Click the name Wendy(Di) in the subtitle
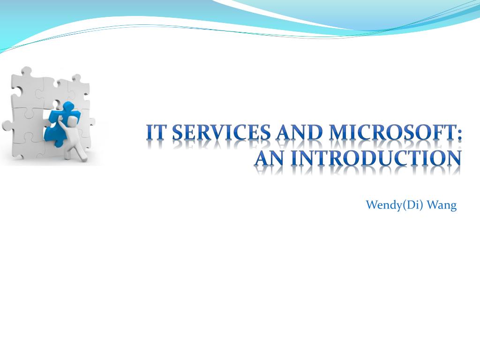(x=394, y=205)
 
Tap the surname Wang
(x=442, y=205)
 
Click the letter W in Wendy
(x=373, y=205)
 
